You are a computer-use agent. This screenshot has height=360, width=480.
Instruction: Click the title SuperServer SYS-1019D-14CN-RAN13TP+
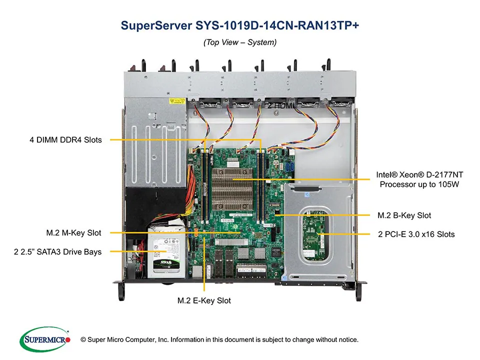(x=239, y=25)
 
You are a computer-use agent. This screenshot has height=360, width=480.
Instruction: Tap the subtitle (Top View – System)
(x=239, y=42)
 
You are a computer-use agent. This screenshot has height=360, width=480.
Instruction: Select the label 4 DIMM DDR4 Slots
(x=65, y=140)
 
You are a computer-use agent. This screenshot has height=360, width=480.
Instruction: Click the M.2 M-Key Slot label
(x=73, y=233)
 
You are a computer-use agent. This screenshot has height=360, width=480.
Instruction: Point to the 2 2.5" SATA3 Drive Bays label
(x=57, y=251)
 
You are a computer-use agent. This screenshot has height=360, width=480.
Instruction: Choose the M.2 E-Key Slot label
(x=204, y=300)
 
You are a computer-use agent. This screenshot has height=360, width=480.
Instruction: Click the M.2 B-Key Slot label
(x=403, y=215)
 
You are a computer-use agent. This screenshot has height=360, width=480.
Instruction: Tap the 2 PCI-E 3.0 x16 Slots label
(x=415, y=234)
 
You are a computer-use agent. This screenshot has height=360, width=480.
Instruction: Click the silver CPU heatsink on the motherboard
(x=232, y=185)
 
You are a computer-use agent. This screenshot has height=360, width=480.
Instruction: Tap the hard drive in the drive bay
(x=165, y=252)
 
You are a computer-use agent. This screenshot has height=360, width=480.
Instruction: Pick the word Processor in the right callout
(x=398, y=184)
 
